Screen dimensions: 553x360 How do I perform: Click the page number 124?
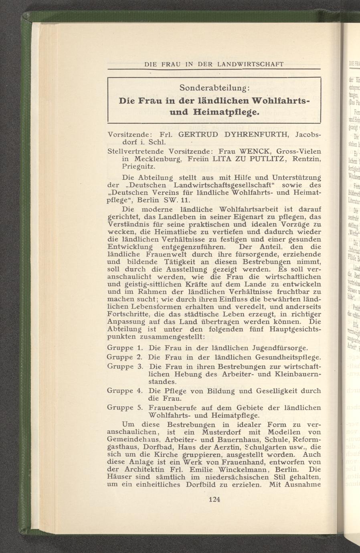tap(215, 499)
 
